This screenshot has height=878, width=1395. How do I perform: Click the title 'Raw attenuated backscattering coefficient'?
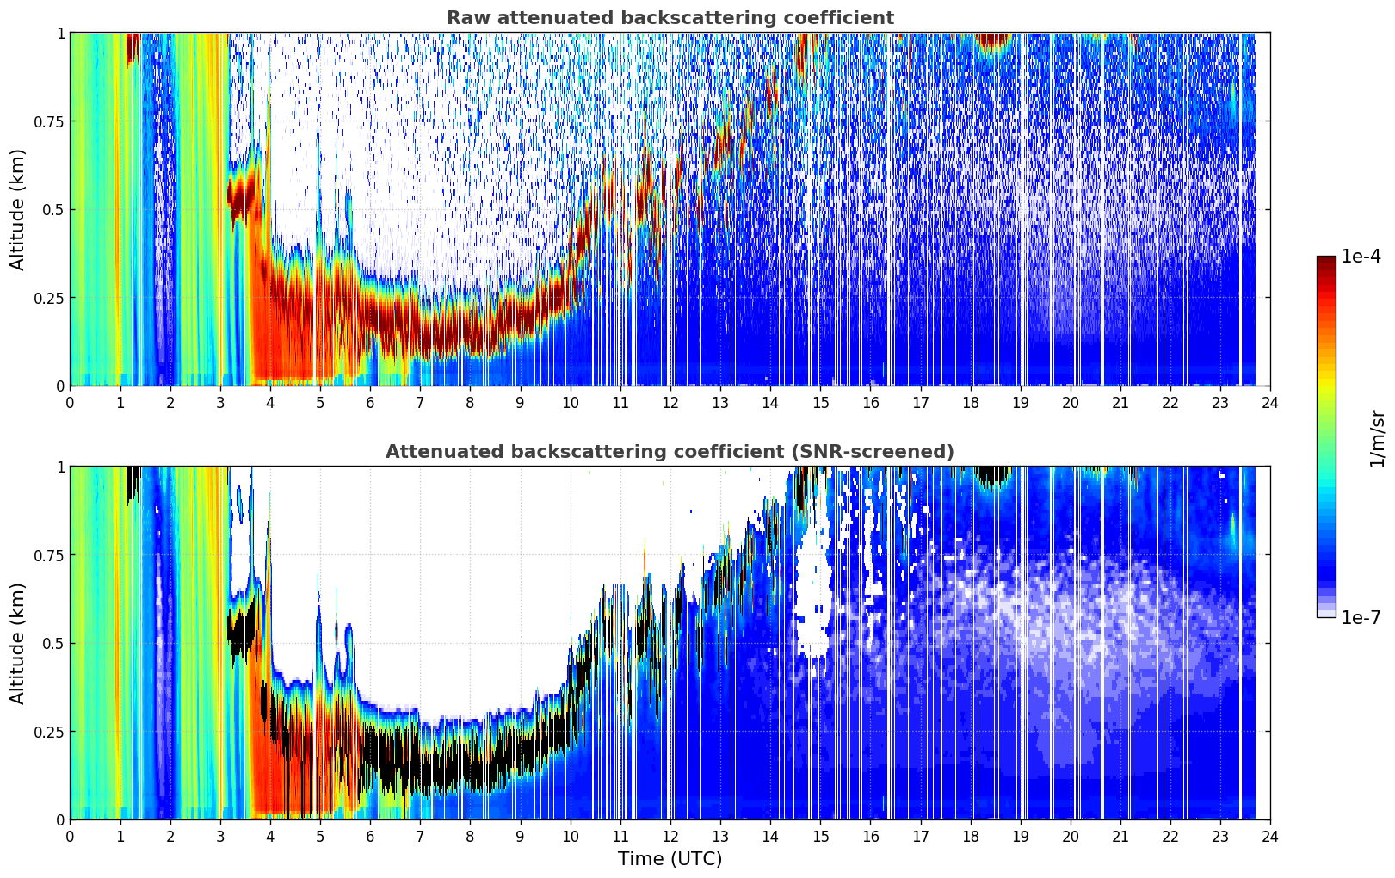point(670,17)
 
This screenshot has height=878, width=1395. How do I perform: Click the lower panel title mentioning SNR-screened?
point(670,451)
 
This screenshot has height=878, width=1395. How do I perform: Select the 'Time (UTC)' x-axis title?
point(670,859)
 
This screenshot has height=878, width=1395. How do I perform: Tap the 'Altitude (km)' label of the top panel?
point(17,209)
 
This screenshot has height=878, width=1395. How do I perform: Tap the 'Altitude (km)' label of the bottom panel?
point(17,643)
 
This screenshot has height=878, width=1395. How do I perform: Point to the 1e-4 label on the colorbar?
point(1361,256)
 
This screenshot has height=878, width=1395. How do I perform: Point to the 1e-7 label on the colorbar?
point(1361,617)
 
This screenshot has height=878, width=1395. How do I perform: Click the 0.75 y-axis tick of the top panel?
point(48,121)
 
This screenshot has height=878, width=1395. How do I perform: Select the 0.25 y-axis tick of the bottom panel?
point(48,732)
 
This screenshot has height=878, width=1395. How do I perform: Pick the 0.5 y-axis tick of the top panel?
point(53,210)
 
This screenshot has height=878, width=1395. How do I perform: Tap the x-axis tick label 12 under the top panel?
point(670,403)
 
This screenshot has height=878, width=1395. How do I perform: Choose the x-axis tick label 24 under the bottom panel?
point(1270,837)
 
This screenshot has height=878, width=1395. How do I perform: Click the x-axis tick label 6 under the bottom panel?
point(370,837)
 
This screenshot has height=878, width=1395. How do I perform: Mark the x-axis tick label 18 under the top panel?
point(970,403)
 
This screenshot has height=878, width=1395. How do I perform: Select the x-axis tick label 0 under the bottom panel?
point(70,837)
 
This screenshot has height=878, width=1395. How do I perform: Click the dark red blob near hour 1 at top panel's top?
point(133,48)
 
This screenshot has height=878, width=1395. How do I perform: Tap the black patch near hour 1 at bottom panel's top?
point(133,484)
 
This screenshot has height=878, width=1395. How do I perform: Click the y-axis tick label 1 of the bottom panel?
point(61,467)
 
